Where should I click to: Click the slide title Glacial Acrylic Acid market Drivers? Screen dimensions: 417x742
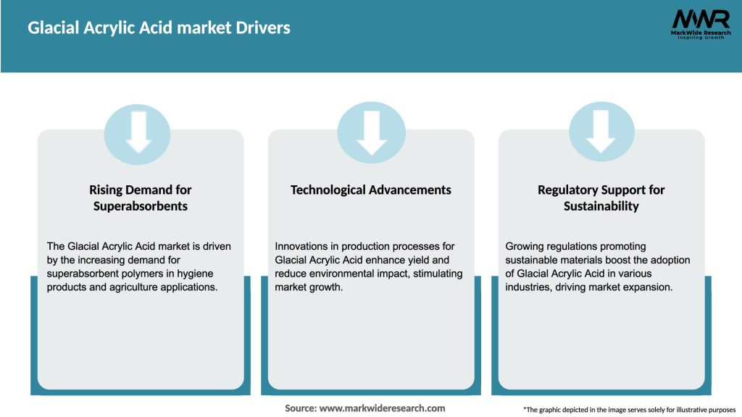[x=159, y=28]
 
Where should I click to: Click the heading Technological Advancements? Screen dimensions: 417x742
[x=371, y=190]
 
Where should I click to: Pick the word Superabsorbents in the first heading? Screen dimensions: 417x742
[x=141, y=206]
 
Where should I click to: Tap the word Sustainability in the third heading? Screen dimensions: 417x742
[x=601, y=206]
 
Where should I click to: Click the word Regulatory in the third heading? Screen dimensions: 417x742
[x=566, y=190]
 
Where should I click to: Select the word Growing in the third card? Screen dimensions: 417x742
[x=527, y=246]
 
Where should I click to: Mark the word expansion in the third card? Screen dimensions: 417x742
[x=649, y=287]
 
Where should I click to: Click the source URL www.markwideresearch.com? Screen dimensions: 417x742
[x=383, y=408]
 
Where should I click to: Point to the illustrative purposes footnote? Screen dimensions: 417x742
[x=629, y=410]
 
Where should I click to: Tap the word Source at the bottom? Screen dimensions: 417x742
[x=300, y=408]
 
